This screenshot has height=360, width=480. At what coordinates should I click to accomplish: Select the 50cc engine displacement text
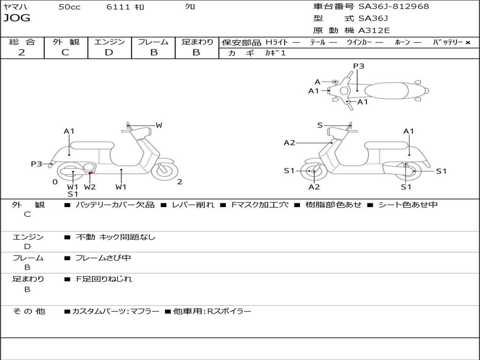pos(69,7)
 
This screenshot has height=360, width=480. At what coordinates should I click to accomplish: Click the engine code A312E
pos(373,31)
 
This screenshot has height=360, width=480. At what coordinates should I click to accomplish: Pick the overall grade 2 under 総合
pos(22,52)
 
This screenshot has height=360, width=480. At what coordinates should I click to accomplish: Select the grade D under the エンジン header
pos(109,52)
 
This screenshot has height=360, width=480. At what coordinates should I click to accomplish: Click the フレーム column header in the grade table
pos(153,42)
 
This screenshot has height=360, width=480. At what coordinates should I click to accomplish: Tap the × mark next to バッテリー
pos(468,42)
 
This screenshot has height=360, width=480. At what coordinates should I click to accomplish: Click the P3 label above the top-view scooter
pos(359,66)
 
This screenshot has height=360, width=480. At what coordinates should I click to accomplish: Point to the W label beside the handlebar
pos(159,125)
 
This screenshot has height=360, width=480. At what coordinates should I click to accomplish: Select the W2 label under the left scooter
pos(90,187)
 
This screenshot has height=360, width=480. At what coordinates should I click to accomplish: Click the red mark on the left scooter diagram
pos(91,174)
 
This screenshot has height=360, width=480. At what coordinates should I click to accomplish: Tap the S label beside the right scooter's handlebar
pos(320,125)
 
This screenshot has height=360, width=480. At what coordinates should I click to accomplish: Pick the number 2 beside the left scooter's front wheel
pos(180,182)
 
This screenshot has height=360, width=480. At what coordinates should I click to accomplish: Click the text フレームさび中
pos(103,258)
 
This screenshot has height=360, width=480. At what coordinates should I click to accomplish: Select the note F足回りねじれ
pos(104,279)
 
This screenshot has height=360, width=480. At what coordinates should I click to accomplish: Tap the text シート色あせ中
pos(406,205)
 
